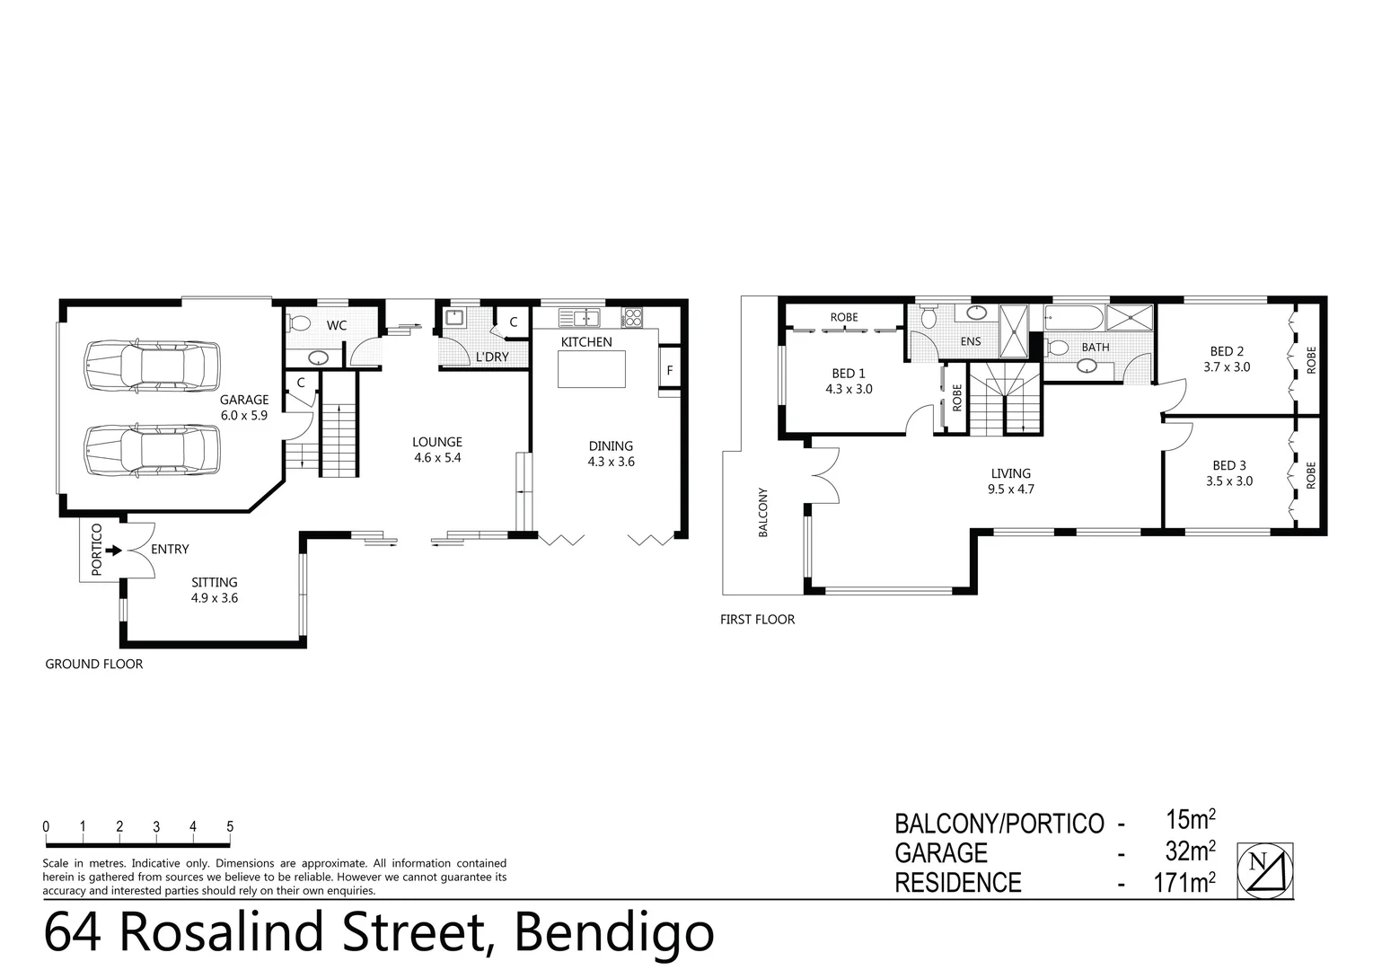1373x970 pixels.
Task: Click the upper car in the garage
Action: click(x=153, y=365)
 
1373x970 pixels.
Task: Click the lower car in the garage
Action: click(x=153, y=449)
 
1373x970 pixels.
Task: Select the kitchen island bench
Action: click(x=592, y=369)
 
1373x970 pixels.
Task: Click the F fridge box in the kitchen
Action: click(x=669, y=370)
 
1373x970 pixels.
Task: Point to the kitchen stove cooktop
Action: click(x=632, y=317)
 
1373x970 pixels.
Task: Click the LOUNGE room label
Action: click(x=437, y=449)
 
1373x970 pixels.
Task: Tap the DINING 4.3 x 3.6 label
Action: click(x=611, y=454)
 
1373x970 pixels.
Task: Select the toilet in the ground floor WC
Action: click(x=299, y=323)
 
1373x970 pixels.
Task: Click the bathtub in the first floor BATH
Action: click(x=1074, y=318)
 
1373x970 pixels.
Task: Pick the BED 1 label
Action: click(x=849, y=381)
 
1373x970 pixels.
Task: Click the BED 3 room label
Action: click(x=1229, y=472)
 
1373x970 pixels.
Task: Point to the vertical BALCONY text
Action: click(x=763, y=512)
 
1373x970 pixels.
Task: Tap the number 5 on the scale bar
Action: click(x=230, y=826)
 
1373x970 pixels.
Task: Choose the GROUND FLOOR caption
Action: click(x=94, y=664)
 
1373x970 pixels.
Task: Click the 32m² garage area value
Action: click(x=1190, y=851)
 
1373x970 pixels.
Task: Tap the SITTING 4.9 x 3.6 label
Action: click(x=214, y=590)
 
